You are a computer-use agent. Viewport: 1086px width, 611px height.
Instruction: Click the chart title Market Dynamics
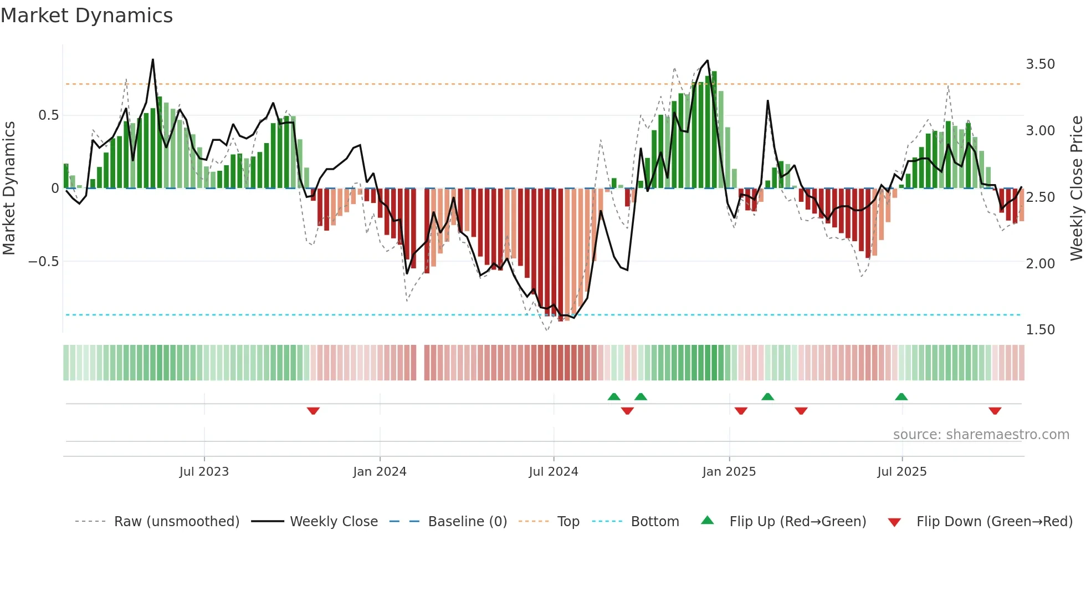(x=86, y=16)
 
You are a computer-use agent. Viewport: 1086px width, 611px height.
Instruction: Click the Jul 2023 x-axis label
(x=204, y=472)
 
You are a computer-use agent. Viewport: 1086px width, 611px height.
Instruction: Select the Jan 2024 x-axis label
(x=380, y=472)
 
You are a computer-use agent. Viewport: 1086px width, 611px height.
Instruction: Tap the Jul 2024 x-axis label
(x=553, y=472)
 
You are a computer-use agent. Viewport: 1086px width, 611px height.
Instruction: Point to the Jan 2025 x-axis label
(x=729, y=472)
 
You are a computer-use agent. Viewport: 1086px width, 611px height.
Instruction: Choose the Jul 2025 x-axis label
(x=901, y=472)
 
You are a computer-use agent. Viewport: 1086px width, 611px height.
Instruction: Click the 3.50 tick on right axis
(x=1040, y=64)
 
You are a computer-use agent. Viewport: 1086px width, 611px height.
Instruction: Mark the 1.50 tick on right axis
(x=1040, y=330)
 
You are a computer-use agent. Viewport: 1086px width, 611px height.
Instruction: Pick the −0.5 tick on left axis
(x=43, y=262)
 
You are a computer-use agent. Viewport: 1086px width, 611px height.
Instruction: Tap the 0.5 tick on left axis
(x=48, y=115)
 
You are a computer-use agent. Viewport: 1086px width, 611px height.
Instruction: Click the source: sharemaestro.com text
(x=981, y=435)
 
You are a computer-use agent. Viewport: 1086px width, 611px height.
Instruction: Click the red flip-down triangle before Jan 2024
(x=313, y=411)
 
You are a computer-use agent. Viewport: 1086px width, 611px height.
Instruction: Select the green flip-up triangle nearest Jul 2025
(x=901, y=396)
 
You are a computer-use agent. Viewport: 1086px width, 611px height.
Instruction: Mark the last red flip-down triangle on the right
(x=995, y=411)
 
